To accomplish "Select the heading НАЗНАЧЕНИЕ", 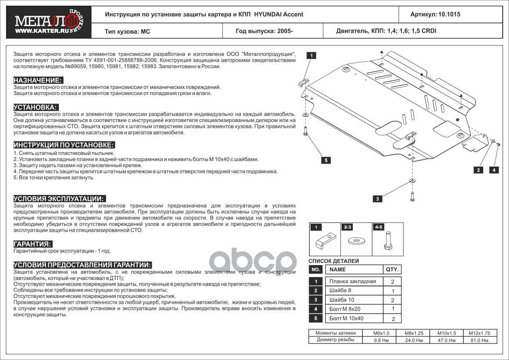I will click(38, 80).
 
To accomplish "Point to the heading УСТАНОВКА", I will click(36, 107).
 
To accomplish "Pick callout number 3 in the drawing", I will click(378, 198).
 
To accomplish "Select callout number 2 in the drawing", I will click(477, 170).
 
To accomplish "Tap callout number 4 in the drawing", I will click(494, 170).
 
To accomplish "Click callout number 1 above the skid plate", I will click(311, 55).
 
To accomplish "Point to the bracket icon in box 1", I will click(324, 242).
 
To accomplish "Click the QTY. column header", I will click(392, 270).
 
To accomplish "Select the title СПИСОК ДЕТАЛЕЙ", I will click(333, 261).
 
